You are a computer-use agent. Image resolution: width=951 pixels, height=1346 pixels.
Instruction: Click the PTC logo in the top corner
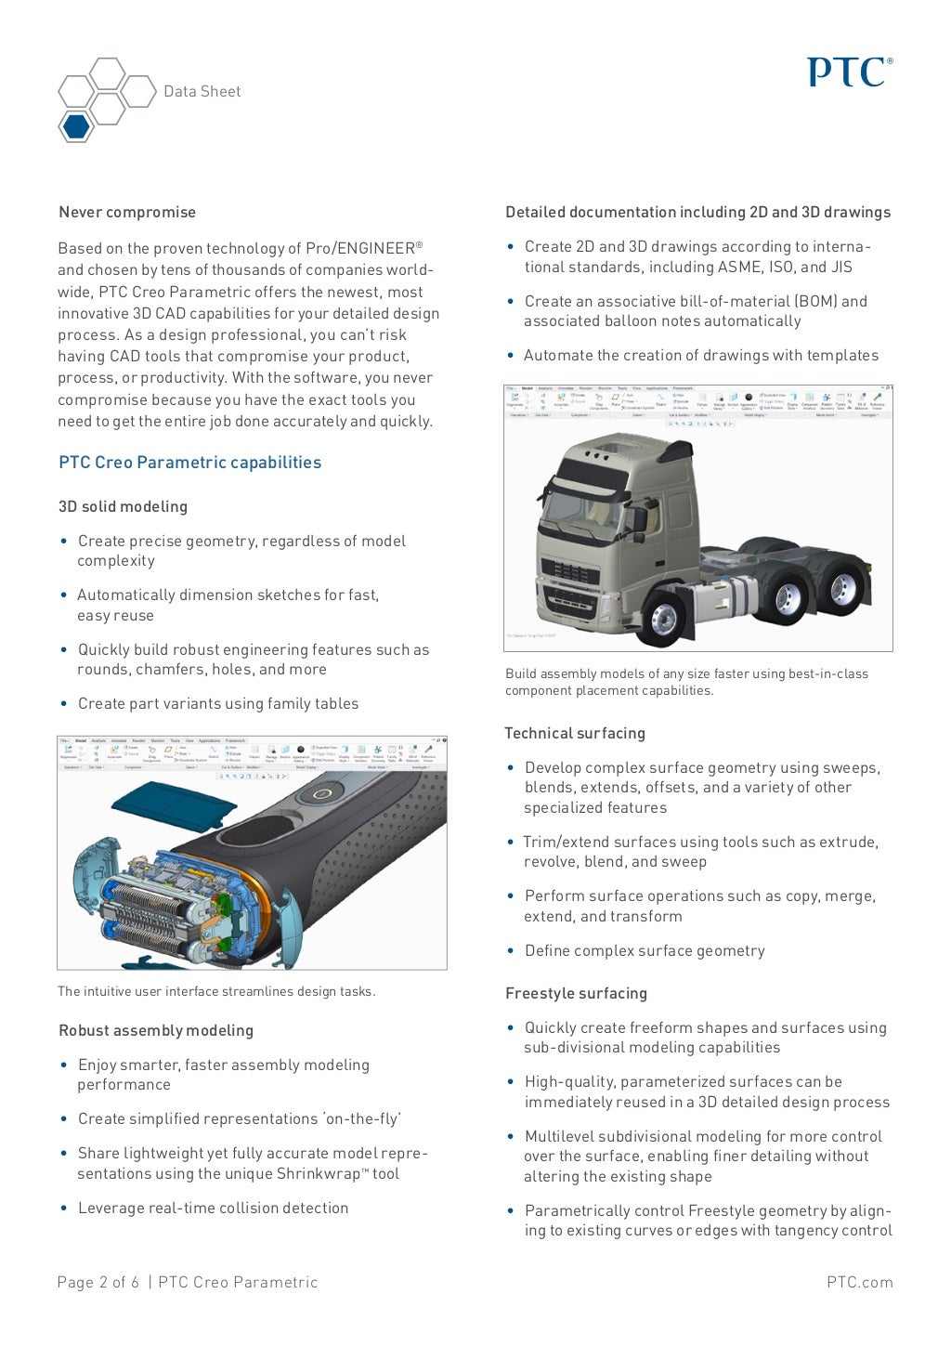(849, 72)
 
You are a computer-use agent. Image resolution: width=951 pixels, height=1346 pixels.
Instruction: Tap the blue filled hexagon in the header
(76, 125)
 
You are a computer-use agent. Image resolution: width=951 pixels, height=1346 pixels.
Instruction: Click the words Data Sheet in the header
(202, 91)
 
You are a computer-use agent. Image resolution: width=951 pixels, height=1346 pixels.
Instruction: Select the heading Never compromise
(127, 212)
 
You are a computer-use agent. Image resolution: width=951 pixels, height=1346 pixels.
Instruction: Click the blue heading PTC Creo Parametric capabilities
(189, 463)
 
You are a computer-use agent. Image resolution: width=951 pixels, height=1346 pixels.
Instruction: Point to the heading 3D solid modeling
(123, 506)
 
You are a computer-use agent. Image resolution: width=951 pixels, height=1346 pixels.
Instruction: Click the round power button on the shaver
(321, 793)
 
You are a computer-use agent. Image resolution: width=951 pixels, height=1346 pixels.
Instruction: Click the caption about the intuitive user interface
(216, 991)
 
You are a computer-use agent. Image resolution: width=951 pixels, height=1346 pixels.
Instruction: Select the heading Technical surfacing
(575, 733)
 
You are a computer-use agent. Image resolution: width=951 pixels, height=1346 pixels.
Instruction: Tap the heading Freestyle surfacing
(576, 993)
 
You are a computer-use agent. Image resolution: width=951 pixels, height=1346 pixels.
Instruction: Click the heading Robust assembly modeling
(156, 1030)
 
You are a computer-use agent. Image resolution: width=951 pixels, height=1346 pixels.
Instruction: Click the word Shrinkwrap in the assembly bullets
(317, 1173)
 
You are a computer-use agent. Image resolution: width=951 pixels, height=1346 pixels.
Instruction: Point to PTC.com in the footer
(859, 1282)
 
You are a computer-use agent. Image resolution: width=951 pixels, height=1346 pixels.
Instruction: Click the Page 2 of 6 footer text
(98, 1282)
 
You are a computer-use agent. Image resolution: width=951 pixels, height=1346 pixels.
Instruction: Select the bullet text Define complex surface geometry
(645, 950)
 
